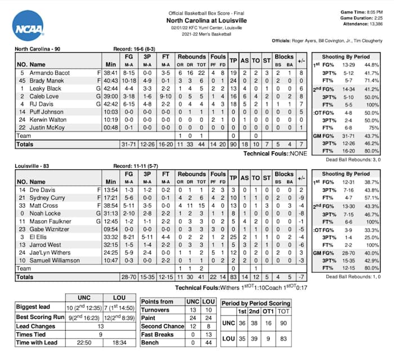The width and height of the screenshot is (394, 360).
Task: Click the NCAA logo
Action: click(28, 26)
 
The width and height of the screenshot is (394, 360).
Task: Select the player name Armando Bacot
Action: click(49, 73)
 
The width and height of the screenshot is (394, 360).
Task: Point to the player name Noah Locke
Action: click(45, 214)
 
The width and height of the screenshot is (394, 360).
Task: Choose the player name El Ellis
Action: click(39, 238)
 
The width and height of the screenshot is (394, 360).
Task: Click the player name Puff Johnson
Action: click(47, 112)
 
